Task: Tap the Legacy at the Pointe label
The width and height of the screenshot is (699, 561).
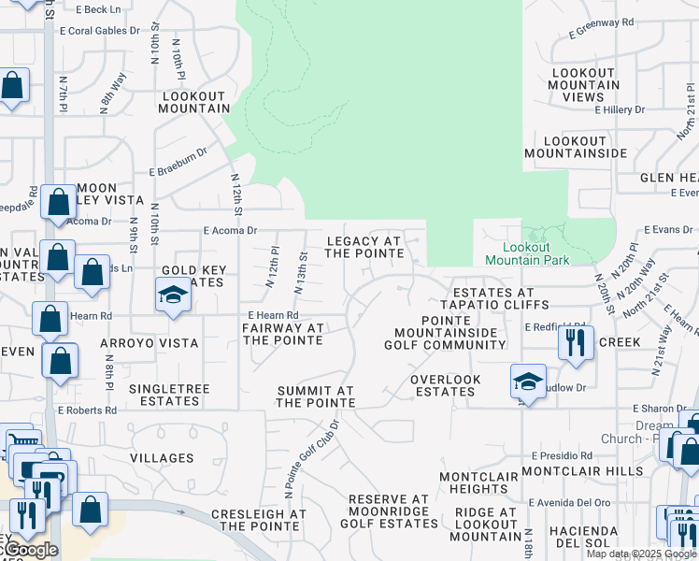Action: coord(364,247)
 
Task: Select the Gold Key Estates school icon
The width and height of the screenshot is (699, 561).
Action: coord(173,297)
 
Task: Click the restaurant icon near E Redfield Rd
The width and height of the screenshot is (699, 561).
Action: coord(576,341)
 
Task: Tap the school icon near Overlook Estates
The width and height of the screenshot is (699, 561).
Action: coord(528,381)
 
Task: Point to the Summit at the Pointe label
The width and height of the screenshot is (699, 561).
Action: coord(315,396)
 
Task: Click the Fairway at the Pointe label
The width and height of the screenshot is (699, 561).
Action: coord(283,334)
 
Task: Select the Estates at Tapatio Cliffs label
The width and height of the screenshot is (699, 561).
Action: coord(492,299)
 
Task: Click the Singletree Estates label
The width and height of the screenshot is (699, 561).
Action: coord(164,395)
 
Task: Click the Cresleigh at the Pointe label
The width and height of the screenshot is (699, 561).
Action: coord(259,521)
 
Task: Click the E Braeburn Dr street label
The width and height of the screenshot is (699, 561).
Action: coord(178,172)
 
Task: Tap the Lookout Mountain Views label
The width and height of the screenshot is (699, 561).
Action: coord(584,85)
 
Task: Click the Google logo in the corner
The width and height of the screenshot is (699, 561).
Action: coord(30,550)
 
